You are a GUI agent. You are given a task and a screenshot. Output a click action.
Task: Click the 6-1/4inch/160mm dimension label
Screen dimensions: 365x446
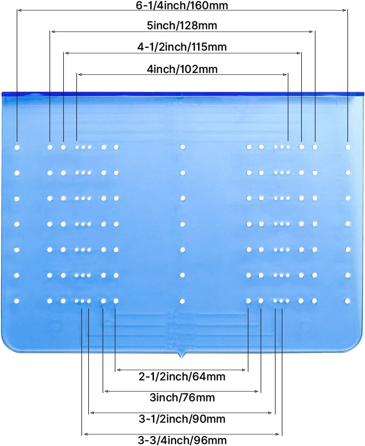click(182, 5)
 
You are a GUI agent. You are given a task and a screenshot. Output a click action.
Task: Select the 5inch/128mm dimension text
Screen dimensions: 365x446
click(182, 26)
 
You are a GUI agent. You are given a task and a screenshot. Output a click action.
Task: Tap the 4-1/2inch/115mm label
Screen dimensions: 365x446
click(182, 47)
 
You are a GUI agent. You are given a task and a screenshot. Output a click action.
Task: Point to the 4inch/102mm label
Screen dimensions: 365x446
click(182, 69)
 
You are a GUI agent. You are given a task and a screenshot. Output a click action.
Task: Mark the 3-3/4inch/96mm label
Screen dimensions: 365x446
click(182, 440)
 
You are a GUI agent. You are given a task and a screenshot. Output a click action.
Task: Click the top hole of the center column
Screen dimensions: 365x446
click(182, 147)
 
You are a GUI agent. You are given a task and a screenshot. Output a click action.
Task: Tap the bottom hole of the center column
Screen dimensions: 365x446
click(182, 301)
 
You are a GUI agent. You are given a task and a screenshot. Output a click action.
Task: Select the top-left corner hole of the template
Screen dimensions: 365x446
click(17, 147)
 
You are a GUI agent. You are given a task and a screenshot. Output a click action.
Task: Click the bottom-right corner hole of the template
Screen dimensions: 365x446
click(347, 301)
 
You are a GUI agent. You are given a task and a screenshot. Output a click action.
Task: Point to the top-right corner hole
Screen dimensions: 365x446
click(348, 147)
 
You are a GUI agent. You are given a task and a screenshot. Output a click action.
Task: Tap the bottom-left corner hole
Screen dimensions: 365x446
click(16, 301)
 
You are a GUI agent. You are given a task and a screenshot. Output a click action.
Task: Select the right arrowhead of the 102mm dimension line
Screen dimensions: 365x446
click(285, 74)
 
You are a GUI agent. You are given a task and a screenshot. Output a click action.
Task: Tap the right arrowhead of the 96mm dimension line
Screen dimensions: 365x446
click(278, 434)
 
